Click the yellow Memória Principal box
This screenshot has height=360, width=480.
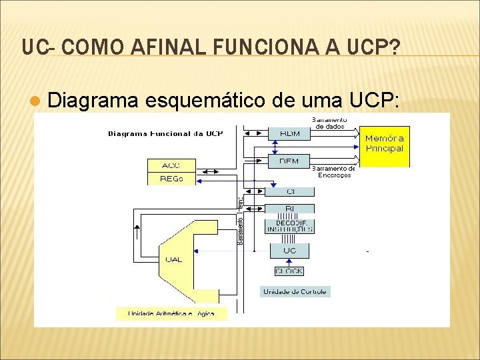[385, 147]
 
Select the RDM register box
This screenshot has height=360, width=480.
[290, 133]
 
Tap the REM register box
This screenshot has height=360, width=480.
[289, 161]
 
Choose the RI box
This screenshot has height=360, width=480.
[290, 209]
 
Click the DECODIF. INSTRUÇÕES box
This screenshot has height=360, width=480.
[290, 226]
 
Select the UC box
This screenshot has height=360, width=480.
[290, 251]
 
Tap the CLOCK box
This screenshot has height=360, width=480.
[289, 271]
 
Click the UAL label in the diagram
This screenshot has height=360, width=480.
[173, 259]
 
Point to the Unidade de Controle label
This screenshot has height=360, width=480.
[295, 291]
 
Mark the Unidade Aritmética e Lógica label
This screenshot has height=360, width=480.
[171, 313]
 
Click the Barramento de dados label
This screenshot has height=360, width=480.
[330, 123]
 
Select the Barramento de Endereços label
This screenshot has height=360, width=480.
[334, 172]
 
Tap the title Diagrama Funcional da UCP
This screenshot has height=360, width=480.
[165, 133]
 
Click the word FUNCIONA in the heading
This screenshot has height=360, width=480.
[257, 47]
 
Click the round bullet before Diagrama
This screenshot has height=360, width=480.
[37, 101]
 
